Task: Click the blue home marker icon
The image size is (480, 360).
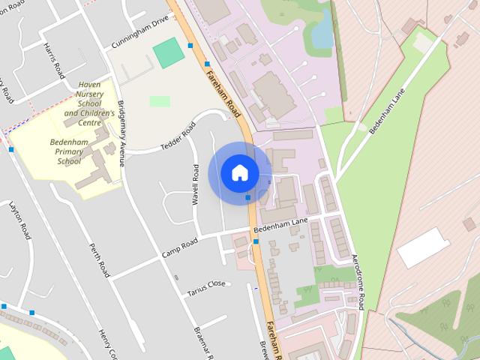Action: (239, 172)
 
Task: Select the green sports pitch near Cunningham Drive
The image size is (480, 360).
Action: (168, 52)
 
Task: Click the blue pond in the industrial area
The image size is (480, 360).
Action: (320, 32)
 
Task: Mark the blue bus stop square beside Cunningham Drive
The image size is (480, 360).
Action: (190, 46)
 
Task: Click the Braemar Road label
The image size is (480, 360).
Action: (199, 342)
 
